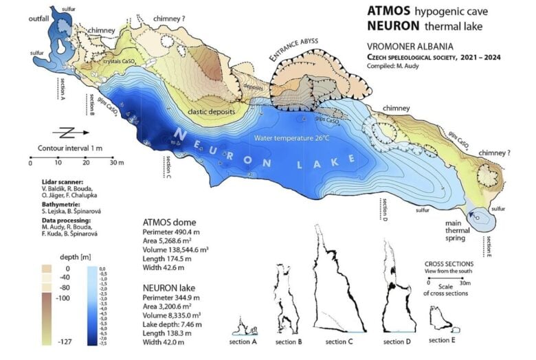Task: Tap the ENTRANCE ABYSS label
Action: (x=297, y=54)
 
